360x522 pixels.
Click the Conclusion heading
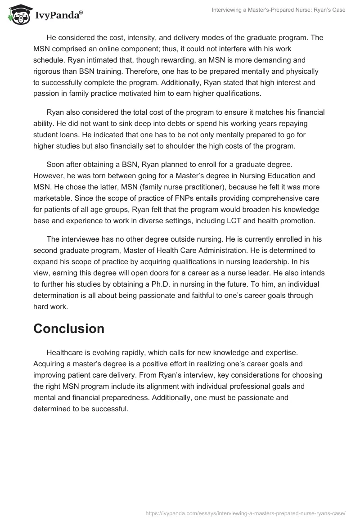pyautogui.click(x=69, y=328)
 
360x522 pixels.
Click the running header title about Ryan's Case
pyautogui.click(x=279, y=9)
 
